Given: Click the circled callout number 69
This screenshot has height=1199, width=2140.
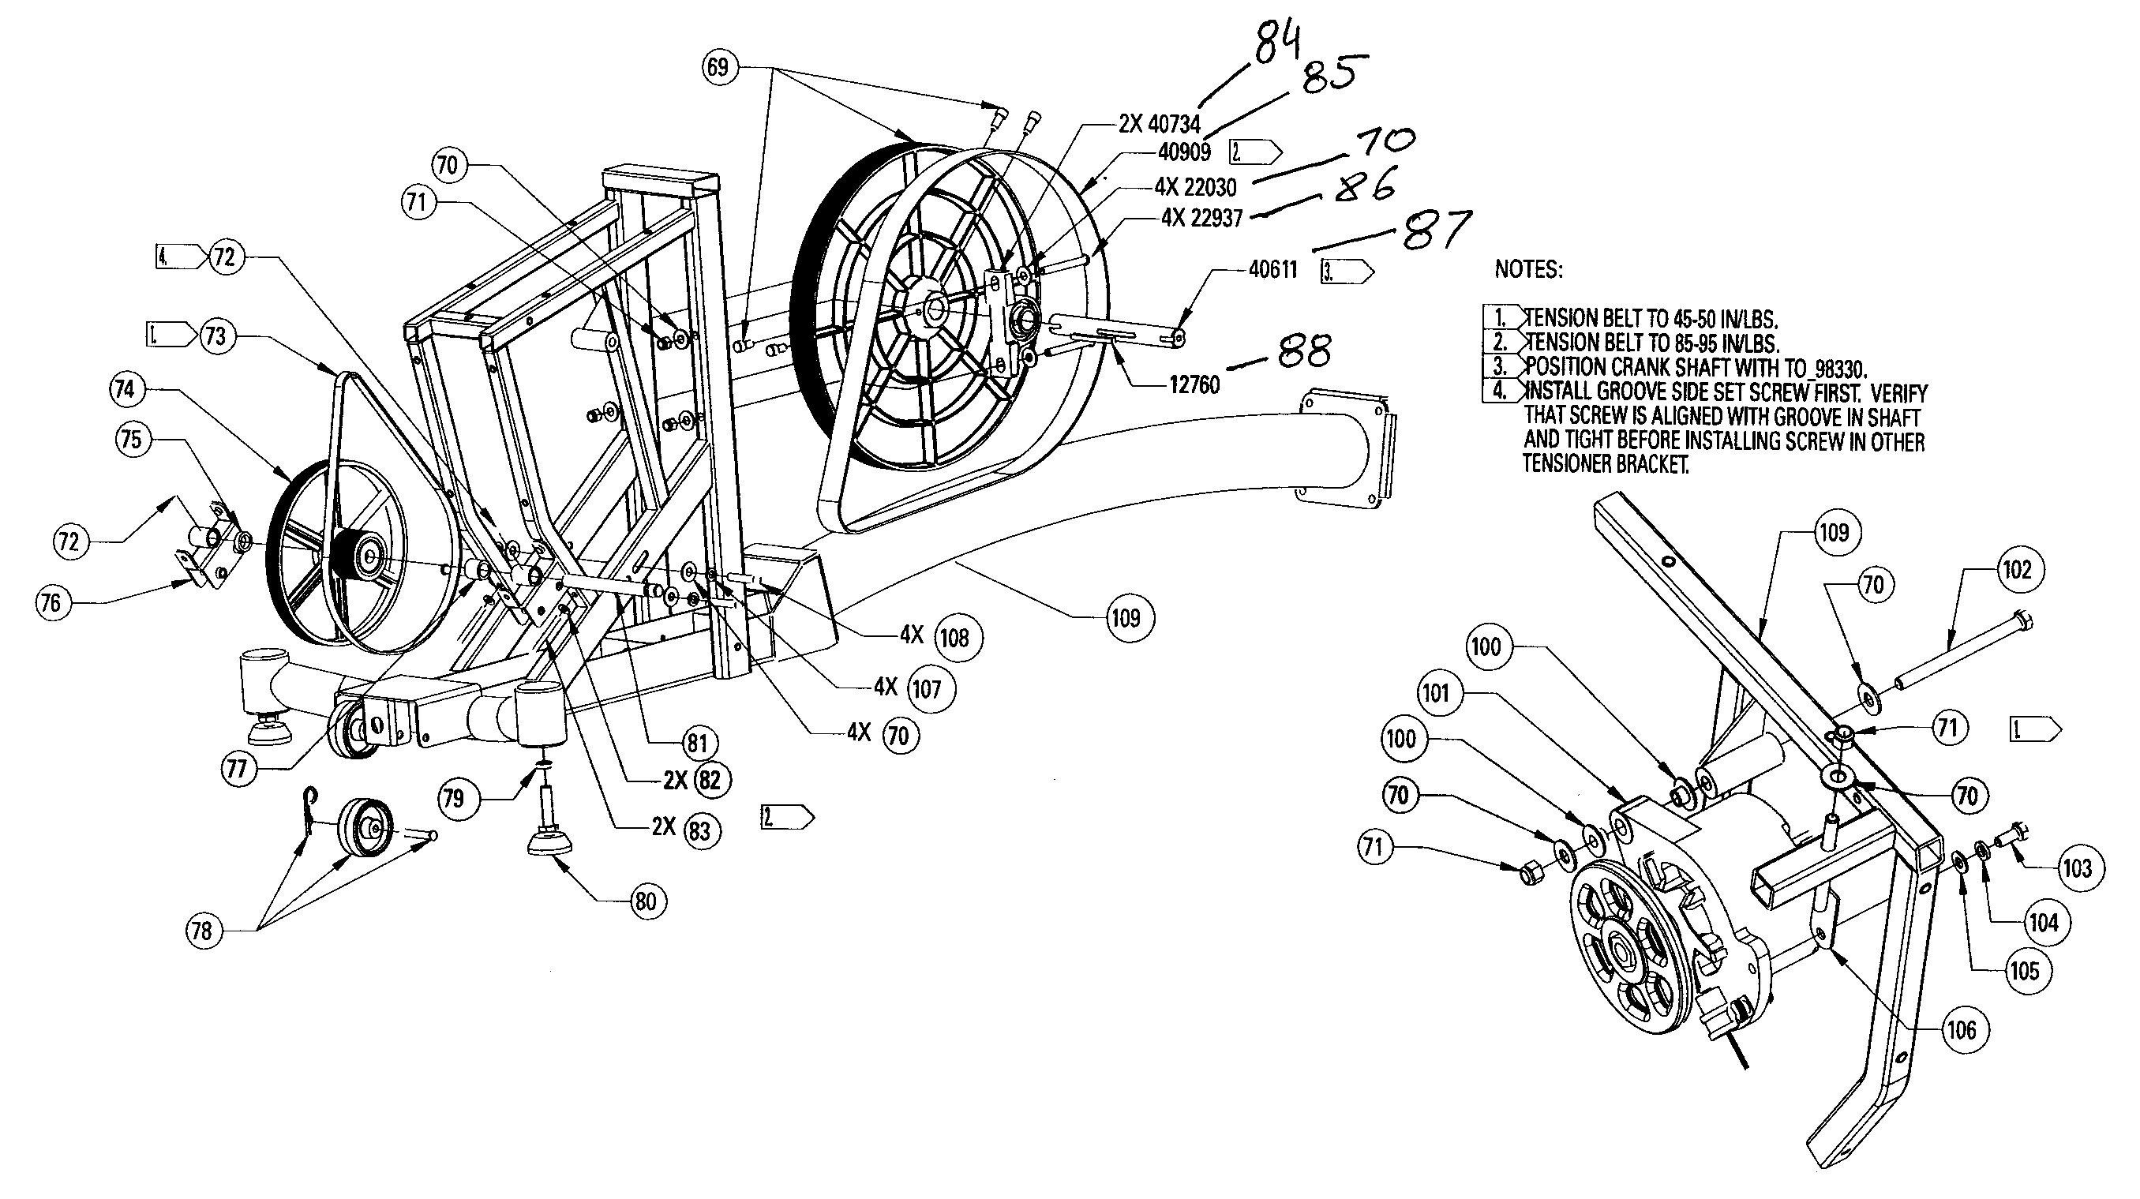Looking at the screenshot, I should tap(719, 66).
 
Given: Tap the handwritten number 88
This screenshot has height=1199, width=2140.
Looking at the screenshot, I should tap(1304, 352).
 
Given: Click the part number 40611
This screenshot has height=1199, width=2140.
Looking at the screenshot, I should tap(1272, 270).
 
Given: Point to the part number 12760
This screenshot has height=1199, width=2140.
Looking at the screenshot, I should tap(1194, 384).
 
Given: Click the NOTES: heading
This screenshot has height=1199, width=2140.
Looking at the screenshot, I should tap(1527, 269).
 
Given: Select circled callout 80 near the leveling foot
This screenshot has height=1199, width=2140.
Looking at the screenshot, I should tap(646, 901).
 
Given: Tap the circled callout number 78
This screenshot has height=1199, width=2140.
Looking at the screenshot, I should tap(202, 931).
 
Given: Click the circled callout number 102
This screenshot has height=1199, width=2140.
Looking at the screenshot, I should tap(2017, 570).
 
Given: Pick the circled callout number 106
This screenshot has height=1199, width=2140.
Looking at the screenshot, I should tap(1962, 1030).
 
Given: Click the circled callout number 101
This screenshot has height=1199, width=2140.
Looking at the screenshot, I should tap(1436, 693).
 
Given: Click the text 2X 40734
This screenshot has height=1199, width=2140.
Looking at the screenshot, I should tap(1159, 125).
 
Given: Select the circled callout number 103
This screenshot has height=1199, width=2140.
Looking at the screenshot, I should tap(2077, 868).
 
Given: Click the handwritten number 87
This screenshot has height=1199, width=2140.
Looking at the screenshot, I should tap(1437, 230).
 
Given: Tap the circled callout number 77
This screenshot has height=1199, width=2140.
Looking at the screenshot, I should tap(237, 768).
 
